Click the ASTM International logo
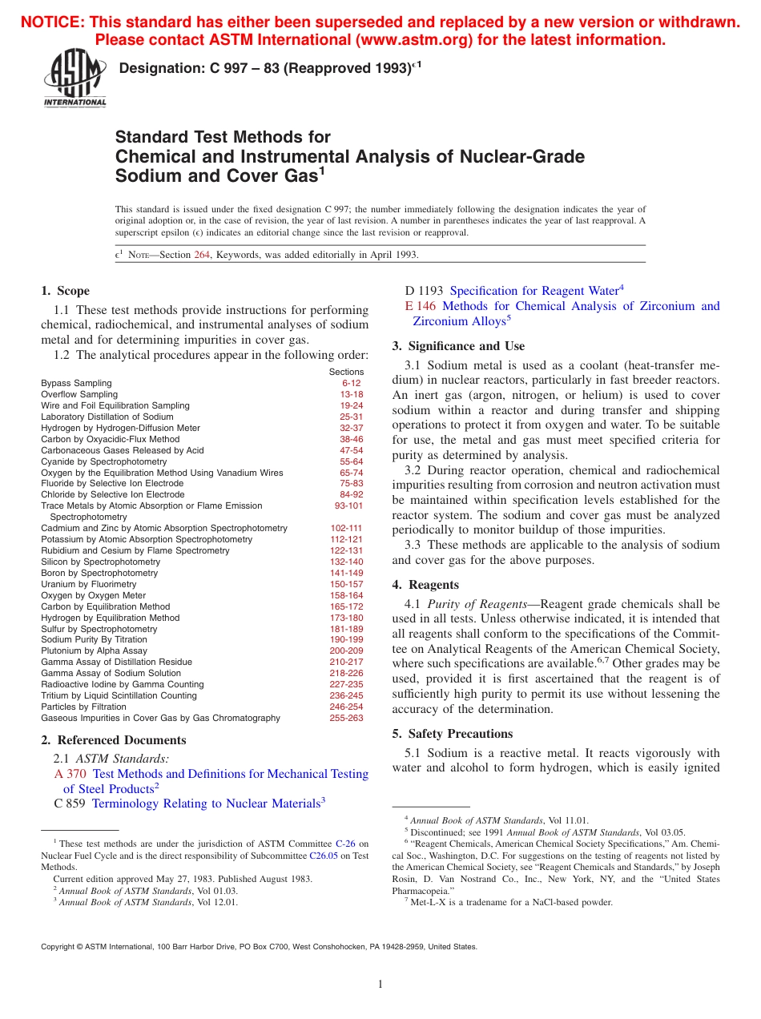click(74, 79)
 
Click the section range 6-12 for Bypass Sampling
click(352, 384)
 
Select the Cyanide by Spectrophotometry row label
click(104, 461)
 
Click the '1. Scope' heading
click(65, 291)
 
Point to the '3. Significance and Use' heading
click(458, 346)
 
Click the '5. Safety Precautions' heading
click(452, 734)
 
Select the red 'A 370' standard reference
click(70, 774)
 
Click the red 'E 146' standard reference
click(421, 306)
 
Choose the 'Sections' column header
click(346, 372)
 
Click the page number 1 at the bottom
click(380, 985)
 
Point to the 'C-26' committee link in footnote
click(345, 844)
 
